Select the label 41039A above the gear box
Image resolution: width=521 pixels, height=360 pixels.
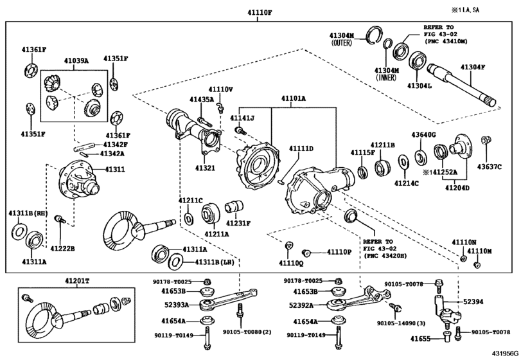(x=76, y=61)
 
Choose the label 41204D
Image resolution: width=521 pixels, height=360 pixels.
(x=457, y=188)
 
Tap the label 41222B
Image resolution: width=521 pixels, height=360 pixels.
(x=63, y=248)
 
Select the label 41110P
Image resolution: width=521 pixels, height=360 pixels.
(x=340, y=252)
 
